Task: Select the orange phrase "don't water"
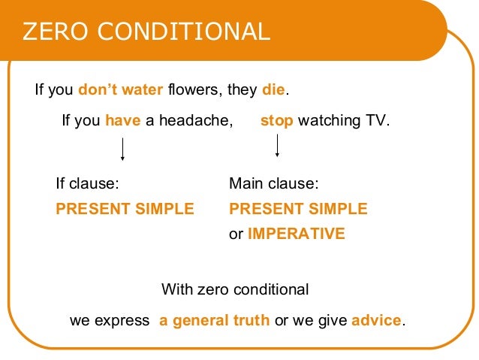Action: tap(120, 90)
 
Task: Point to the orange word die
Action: tap(273, 90)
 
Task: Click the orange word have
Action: tap(122, 120)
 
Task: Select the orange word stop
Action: tap(276, 120)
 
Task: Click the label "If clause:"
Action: tap(88, 183)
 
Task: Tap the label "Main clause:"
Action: tap(274, 183)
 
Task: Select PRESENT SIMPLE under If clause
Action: tap(125, 209)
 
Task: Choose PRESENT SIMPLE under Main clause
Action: tap(298, 209)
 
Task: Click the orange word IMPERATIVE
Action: tap(296, 234)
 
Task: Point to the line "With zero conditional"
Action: tap(235, 289)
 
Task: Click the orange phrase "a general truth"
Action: tap(214, 320)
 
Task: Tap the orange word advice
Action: tap(376, 320)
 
